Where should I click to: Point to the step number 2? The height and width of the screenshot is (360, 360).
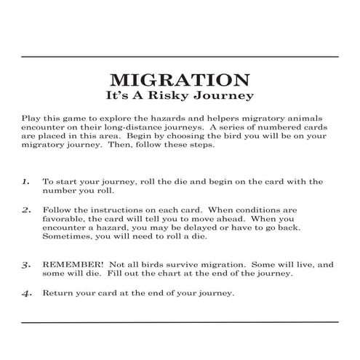pyautogui.click(x=25, y=209)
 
